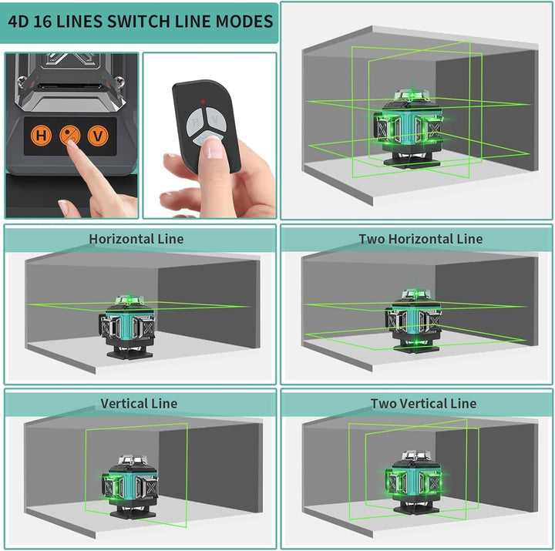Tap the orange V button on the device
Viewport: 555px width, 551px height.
(97, 136)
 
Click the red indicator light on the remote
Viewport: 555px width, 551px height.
(203, 102)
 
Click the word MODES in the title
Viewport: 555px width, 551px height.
(239, 21)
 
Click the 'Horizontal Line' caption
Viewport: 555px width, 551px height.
(136, 239)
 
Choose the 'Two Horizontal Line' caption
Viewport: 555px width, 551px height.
(420, 239)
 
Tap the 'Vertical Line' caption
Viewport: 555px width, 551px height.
(139, 403)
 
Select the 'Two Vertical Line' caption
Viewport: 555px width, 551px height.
(423, 403)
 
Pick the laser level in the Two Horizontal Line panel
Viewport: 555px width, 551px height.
(415, 322)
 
